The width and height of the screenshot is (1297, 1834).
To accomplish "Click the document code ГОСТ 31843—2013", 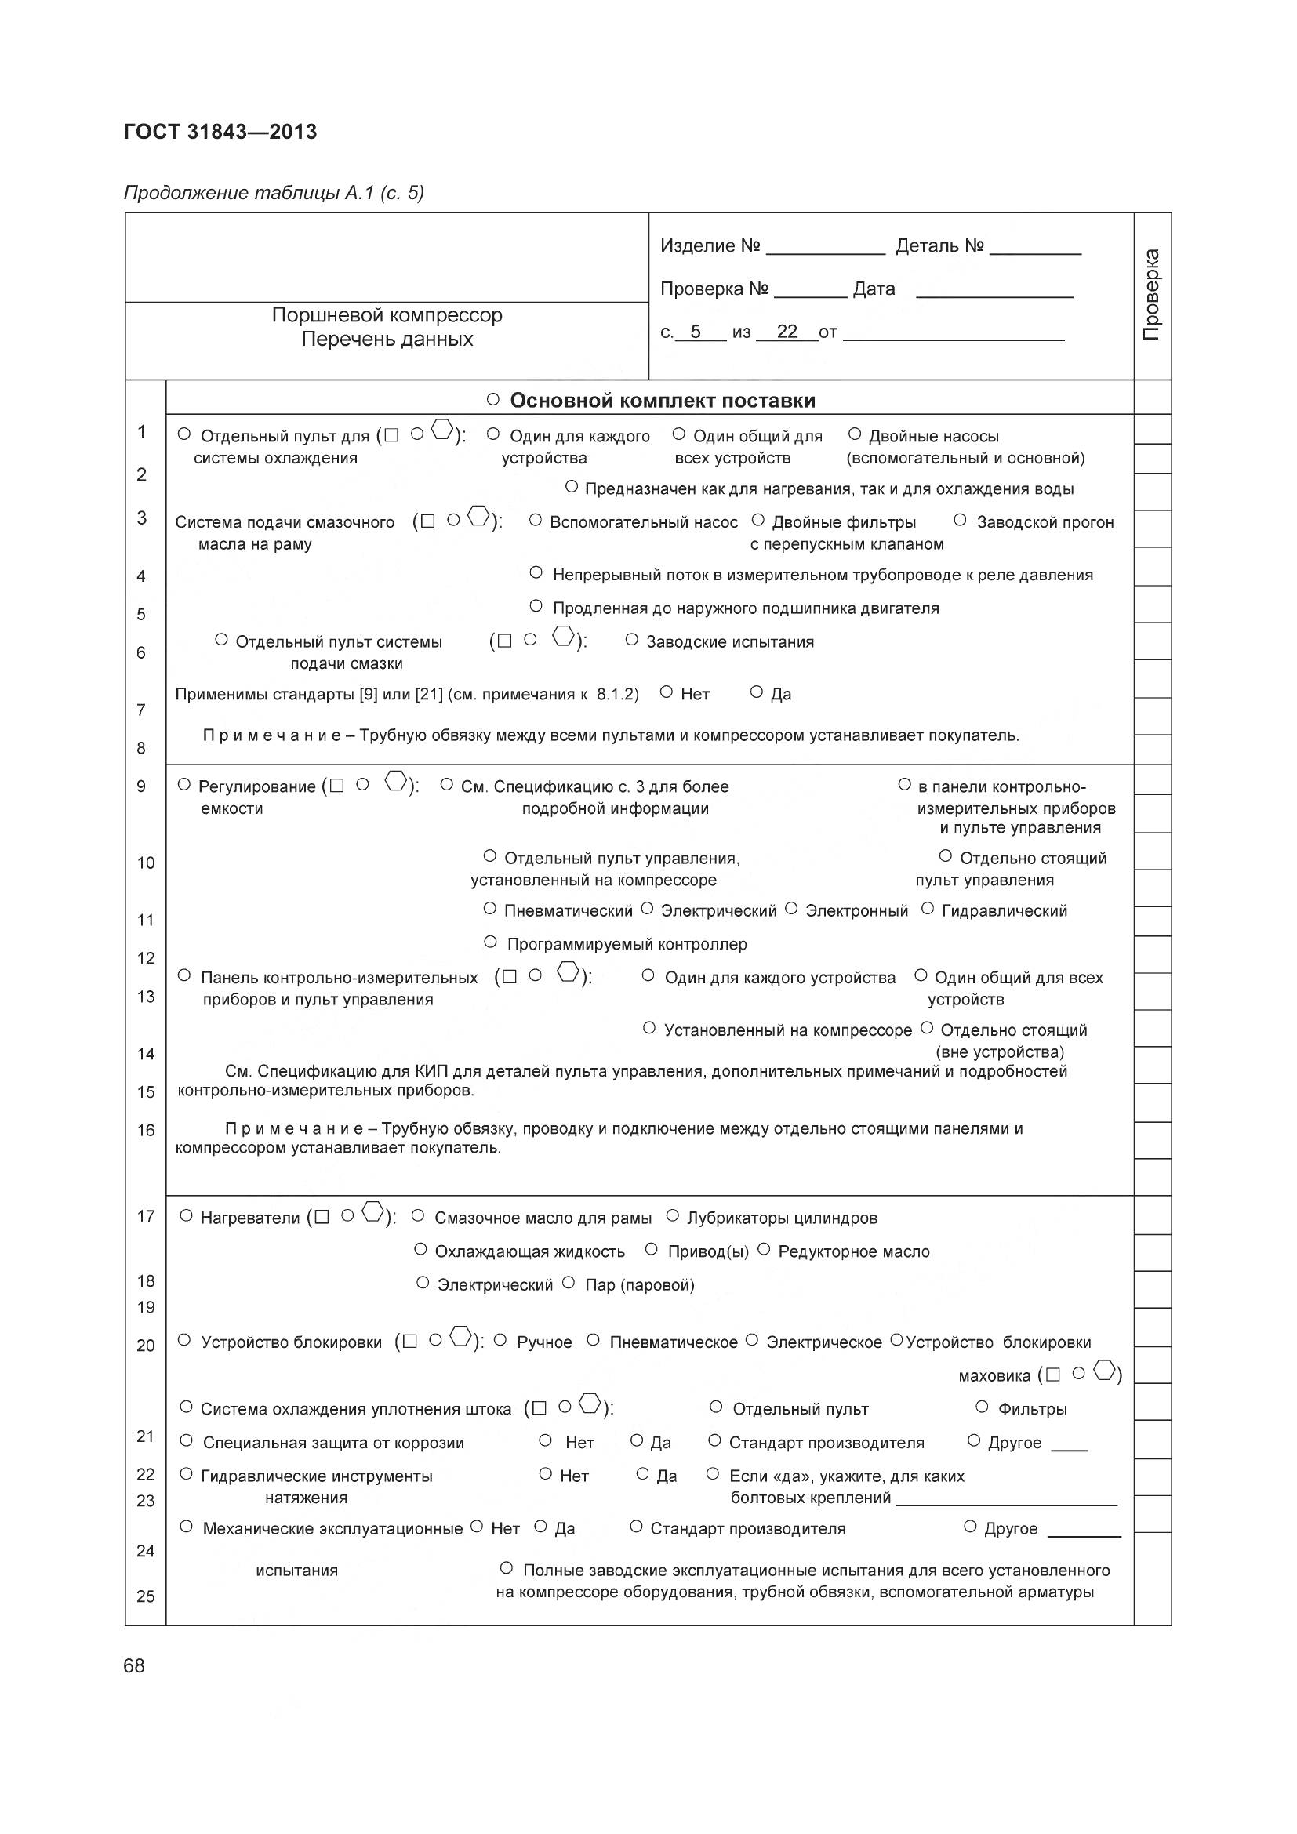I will [x=220, y=132].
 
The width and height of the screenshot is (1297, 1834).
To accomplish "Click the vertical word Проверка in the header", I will [x=1152, y=295].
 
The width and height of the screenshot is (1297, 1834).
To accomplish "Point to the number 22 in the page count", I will [x=787, y=332].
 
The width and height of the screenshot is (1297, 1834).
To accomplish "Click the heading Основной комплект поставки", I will [x=662, y=400].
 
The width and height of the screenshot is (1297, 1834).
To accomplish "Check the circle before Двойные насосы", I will [x=855, y=434].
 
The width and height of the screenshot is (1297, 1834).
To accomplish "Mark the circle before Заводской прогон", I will [x=960, y=520].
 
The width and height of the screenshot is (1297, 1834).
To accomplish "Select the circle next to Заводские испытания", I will [x=632, y=639].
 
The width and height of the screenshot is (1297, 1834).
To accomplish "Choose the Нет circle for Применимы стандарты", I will [x=666, y=692].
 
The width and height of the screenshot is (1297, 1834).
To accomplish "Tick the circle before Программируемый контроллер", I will [x=490, y=942].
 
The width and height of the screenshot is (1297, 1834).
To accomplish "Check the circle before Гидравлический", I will [x=927, y=908].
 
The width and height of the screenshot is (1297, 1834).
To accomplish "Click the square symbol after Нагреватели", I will [x=322, y=1218].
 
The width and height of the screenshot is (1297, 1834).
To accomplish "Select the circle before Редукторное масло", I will [x=763, y=1249].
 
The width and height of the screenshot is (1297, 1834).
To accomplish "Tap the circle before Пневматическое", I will [x=593, y=1340].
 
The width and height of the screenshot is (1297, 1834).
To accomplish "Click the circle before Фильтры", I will [x=983, y=1407].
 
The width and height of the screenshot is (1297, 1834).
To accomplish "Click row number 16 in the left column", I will [x=145, y=1131].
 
